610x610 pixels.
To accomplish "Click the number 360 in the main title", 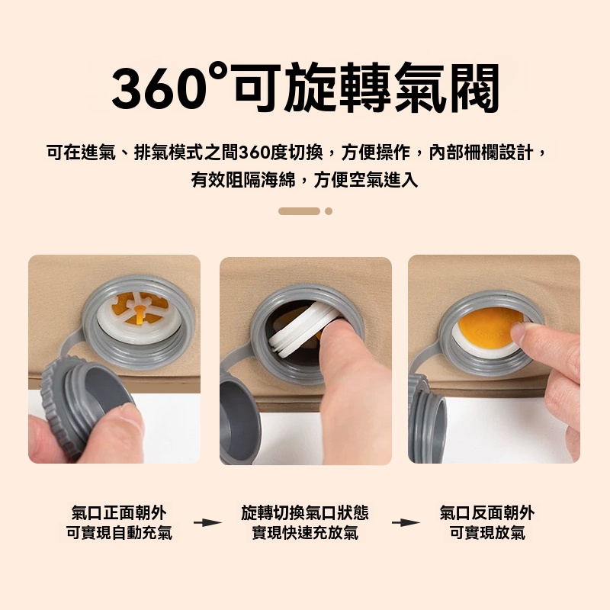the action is (159, 88).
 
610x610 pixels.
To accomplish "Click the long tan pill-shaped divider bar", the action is (299, 211).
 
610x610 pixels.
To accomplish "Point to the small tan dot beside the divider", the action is (329, 211).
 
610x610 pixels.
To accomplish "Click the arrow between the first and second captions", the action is (207, 522).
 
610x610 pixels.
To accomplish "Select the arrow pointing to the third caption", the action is (406, 522).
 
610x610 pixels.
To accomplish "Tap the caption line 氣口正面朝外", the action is (119, 512).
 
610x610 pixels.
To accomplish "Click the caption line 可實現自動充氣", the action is (119, 532).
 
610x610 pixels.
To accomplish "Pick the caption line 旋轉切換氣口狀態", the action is (305, 512).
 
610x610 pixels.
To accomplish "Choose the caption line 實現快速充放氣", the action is (305, 532).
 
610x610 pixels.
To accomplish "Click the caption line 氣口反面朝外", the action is (487, 512).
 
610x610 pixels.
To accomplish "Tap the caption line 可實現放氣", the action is (487, 532).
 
